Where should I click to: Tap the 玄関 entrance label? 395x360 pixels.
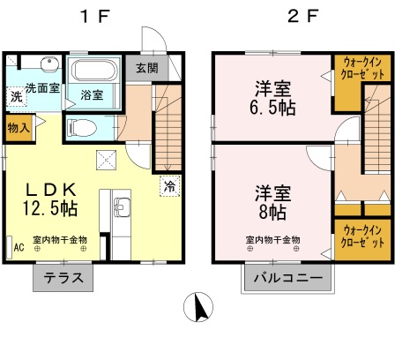click(147, 68)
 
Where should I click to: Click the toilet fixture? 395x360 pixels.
click(83, 126)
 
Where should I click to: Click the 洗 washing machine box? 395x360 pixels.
click(16, 96)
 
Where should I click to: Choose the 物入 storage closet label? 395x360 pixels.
click(18, 128)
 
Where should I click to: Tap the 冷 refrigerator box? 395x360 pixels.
click(168, 186)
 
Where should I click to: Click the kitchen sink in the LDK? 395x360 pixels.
click(122, 209)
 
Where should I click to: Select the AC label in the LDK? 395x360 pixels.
click(18, 248)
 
